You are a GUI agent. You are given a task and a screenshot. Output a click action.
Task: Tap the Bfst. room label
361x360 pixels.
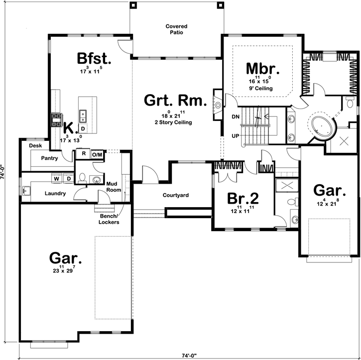click(94, 58)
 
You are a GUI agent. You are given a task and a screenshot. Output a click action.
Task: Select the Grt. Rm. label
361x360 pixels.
click(175, 102)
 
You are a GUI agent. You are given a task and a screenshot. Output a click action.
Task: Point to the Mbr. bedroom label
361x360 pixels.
click(263, 68)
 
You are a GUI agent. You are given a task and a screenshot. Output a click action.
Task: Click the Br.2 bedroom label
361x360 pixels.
click(242, 198)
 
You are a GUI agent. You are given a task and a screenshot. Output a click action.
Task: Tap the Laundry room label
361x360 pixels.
click(55, 193)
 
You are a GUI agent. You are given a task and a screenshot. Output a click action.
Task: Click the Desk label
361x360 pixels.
click(34, 146)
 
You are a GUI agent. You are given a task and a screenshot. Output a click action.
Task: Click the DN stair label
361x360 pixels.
click(236, 117)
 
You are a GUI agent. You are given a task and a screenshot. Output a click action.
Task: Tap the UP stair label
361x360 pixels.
click(236, 135)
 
